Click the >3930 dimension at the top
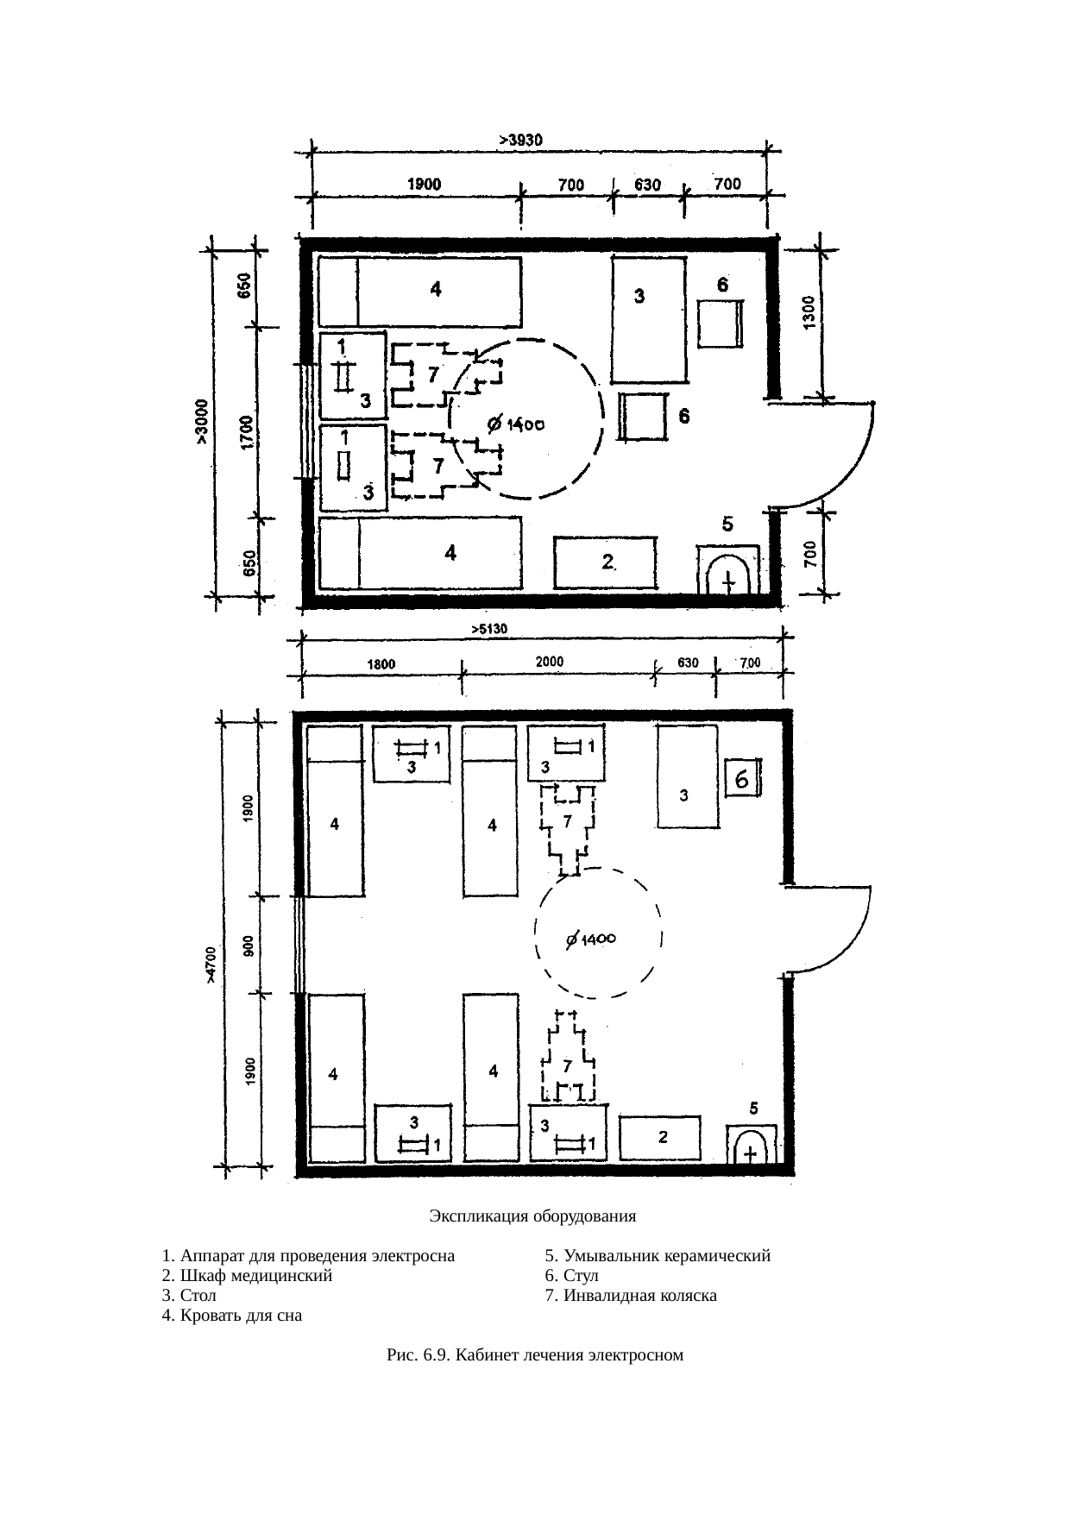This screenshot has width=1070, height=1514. (522, 138)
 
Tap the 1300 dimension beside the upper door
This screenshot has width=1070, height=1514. (808, 312)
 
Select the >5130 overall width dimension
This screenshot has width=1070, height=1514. (488, 629)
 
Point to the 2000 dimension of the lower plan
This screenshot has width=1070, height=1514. (550, 662)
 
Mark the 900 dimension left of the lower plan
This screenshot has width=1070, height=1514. (248, 945)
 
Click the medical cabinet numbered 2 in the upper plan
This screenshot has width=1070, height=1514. (606, 563)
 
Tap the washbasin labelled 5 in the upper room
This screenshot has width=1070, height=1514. (727, 569)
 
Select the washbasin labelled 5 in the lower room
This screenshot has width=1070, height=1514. (752, 1145)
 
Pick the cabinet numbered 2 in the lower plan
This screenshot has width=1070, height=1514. (661, 1139)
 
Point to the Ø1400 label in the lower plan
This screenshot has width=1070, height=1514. (590, 939)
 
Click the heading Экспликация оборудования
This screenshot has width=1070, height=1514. (532, 1216)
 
